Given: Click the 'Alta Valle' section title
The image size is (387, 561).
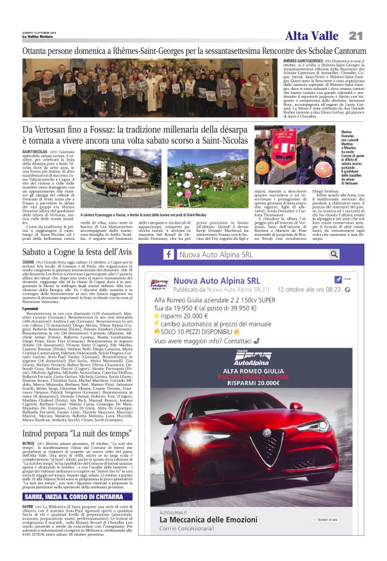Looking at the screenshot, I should [312, 36].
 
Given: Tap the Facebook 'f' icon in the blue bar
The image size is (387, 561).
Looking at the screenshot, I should [169, 254].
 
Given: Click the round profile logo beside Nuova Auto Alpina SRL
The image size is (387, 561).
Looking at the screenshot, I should [158, 284].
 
